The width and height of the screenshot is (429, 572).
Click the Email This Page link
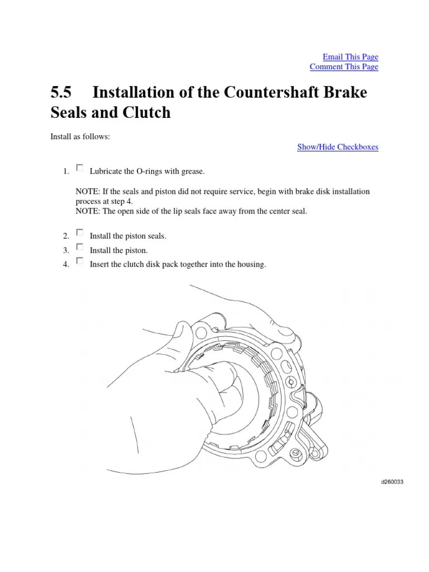(x=350, y=57)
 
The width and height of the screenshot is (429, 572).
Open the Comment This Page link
(x=344, y=67)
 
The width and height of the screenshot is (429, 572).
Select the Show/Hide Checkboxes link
(x=337, y=147)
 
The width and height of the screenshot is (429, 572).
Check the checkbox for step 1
(x=79, y=168)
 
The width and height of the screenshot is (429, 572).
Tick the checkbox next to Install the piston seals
(x=79, y=232)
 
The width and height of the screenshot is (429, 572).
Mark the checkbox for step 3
(x=79, y=246)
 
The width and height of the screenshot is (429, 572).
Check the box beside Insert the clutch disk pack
(x=79, y=260)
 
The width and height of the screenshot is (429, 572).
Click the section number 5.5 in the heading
(x=60, y=92)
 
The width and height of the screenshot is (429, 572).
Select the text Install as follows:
(x=80, y=136)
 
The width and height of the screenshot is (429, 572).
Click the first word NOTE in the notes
(x=87, y=192)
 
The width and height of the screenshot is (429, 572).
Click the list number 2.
(x=66, y=236)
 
